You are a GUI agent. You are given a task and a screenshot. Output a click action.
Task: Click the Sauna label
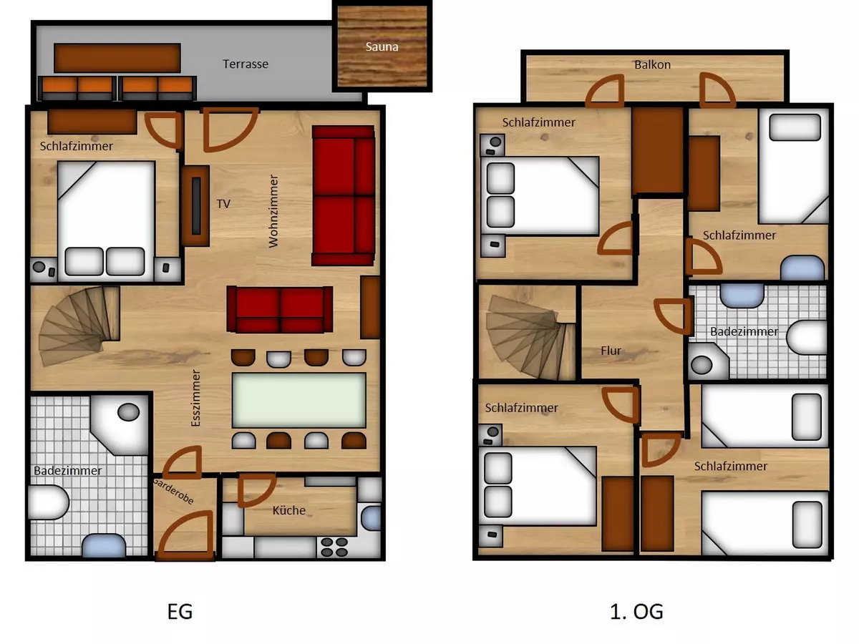pos(382,47)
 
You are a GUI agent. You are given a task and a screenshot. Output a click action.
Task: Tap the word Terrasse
pos(246,64)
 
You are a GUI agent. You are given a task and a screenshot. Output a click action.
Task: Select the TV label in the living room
pos(223,204)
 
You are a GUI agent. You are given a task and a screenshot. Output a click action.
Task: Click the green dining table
pos(299,400)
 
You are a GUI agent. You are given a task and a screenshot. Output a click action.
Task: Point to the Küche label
pos(288,510)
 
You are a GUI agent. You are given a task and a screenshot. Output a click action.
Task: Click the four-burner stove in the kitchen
pos(334,547)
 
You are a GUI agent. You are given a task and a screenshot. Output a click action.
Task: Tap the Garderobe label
pos(173,491)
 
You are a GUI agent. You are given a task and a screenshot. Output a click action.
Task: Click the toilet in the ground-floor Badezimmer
pos(48,502)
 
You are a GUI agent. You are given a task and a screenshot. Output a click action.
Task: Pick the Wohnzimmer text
pos(273,211)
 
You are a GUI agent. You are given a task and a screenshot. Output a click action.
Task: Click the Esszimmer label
pos(195,398)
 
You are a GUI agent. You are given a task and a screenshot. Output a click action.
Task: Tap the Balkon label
pos(652,64)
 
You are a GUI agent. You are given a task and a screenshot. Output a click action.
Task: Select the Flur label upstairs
pos(611,351)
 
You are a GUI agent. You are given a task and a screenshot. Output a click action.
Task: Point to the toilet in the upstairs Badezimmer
pos(807,338)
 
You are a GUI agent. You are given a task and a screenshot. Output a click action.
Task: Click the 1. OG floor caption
pos(636,612)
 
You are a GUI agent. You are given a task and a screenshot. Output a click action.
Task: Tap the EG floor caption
pos(180,612)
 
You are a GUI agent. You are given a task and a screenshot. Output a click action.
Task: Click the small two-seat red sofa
pos(280,310)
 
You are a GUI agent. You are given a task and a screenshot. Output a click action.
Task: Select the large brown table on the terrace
pos(117,58)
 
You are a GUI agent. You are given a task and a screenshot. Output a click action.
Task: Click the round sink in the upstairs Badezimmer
pos(702,365)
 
